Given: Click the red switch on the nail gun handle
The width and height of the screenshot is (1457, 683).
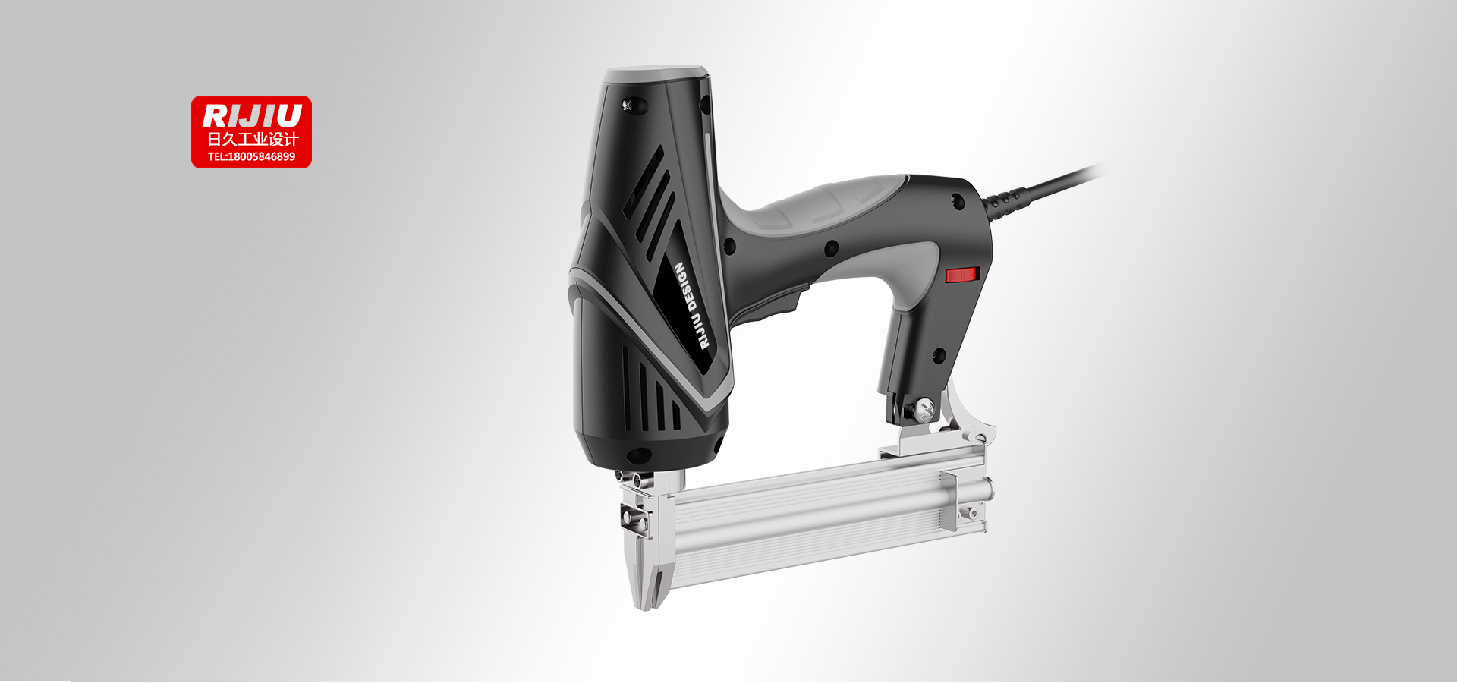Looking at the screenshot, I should [961, 275].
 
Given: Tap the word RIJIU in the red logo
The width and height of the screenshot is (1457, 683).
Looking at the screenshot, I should [251, 116].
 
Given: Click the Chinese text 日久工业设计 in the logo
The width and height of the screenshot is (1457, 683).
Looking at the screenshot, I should [253, 140].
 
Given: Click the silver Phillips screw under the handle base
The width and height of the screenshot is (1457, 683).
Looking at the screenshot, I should [924, 411].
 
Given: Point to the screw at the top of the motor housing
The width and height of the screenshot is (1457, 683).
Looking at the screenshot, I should [628, 105].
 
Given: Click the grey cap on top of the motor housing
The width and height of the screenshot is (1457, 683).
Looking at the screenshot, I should [656, 74].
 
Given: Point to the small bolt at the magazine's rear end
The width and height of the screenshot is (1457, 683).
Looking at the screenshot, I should [972, 514].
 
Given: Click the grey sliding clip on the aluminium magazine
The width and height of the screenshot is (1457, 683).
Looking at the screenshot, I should [949, 501].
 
